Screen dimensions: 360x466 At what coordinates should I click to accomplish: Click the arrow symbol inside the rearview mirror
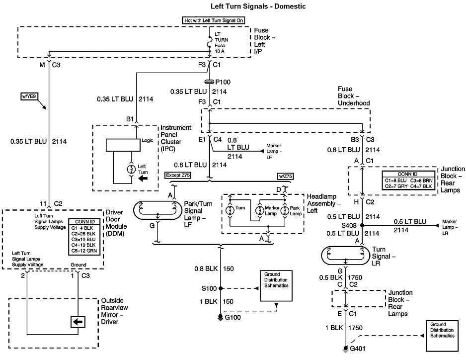click(x=78, y=322)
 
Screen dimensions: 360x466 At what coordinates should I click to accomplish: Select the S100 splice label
click(x=209, y=288)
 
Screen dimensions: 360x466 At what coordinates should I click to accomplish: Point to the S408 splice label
click(x=350, y=225)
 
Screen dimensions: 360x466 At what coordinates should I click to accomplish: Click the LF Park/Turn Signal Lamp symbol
click(x=157, y=210)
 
